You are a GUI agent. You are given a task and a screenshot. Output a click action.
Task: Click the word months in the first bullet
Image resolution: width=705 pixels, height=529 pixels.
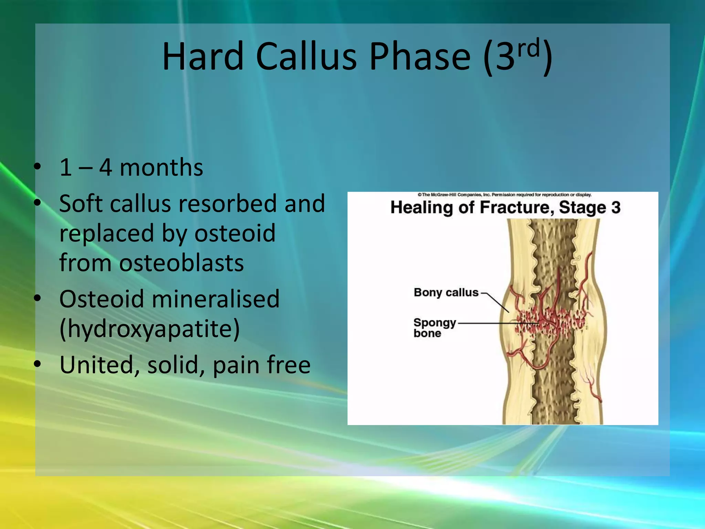point(161,168)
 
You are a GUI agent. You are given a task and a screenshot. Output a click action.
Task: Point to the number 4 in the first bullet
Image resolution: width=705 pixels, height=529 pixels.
point(105,168)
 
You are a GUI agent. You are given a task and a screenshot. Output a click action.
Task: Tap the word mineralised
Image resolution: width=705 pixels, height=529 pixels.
point(215,299)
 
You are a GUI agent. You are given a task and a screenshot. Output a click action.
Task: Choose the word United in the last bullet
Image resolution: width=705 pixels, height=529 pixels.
point(97,365)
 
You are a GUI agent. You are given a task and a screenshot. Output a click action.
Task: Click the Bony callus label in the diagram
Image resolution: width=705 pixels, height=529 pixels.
point(446,292)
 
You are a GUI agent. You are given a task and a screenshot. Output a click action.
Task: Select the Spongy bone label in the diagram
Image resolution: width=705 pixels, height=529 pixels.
point(434,328)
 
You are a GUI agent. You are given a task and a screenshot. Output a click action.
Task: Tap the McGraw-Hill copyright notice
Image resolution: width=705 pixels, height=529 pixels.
point(504,195)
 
